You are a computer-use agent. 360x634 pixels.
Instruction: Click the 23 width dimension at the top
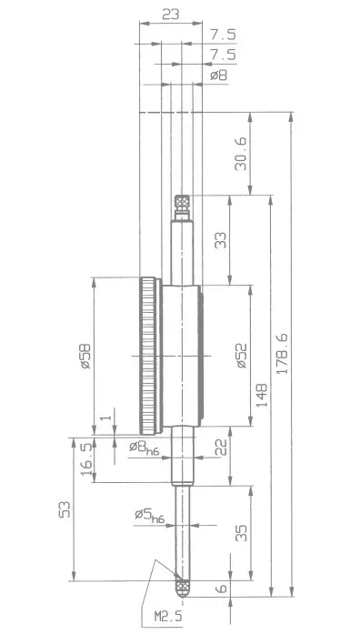(x=171, y=15)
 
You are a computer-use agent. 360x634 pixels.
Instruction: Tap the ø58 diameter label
(x=85, y=357)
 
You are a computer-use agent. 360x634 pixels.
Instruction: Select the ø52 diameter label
(x=242, y=356)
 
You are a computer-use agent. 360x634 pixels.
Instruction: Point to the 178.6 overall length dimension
(x=283, y=354)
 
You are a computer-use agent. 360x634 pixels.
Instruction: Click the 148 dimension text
(x=262, y=395)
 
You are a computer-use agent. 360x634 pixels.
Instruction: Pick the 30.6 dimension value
(x=240, y=153)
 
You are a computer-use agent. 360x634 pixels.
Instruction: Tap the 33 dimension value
(x=221, y=240)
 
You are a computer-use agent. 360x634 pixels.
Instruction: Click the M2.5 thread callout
(x=168, y=616)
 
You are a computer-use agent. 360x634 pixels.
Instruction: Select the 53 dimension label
(x=65, y=509)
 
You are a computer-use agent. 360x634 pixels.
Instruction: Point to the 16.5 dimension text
(x=85, y=459)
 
